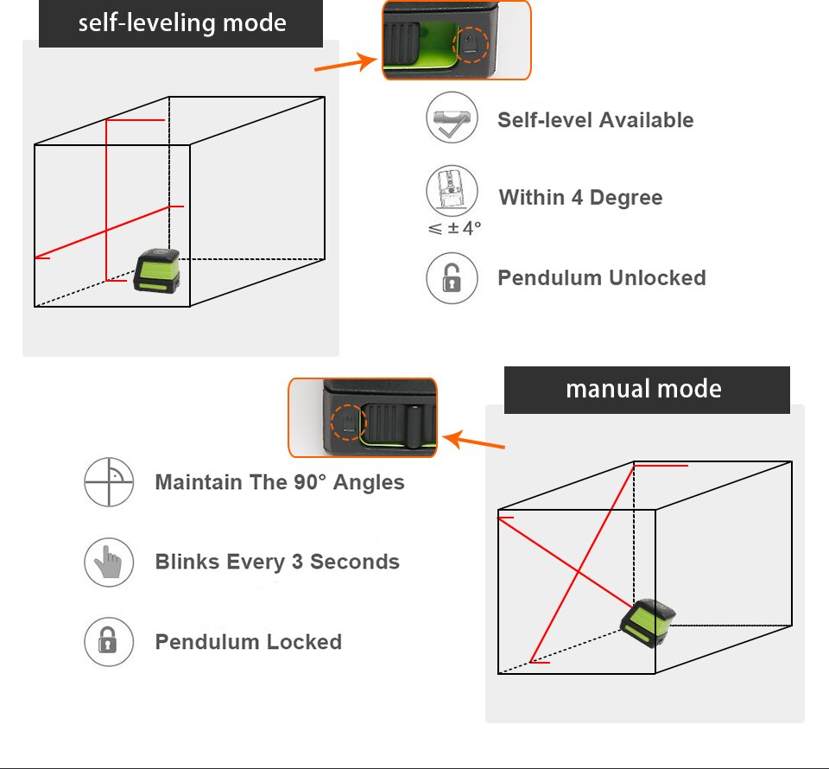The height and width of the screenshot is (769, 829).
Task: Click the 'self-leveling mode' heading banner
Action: tap(181, 23)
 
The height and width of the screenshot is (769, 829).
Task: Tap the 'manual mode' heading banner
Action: tap(646, 390)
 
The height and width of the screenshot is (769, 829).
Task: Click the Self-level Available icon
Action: tap(452, 118)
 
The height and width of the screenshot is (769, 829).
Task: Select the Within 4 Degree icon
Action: tap(452, 190)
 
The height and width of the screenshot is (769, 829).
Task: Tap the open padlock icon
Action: tap(452, 278)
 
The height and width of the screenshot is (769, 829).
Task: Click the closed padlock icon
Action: tap(109, 642)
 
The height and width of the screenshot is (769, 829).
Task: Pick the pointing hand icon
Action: tap(109, 562)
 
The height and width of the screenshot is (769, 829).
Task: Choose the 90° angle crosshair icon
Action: tap(109, 482)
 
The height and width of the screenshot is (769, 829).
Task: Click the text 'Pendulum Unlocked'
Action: tap(601, 278)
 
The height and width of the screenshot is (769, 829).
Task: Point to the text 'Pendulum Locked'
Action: tap(248, 642)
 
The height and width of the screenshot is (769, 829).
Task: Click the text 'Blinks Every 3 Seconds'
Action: tap(277, 562)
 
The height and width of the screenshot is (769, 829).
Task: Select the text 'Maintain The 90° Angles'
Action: tap(280, 482)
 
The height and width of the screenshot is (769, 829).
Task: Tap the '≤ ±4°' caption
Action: tap(453, 229)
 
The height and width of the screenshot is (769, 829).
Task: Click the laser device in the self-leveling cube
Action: tap(156, 270)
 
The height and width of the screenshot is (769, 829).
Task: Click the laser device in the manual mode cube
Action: tap(647, 621)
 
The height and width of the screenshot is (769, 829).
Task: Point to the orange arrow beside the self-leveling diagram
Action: tap(345, 64)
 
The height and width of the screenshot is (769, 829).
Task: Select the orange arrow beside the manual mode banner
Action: tap(474, 442)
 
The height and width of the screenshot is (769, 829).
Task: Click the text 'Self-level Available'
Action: tap(595, 120)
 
